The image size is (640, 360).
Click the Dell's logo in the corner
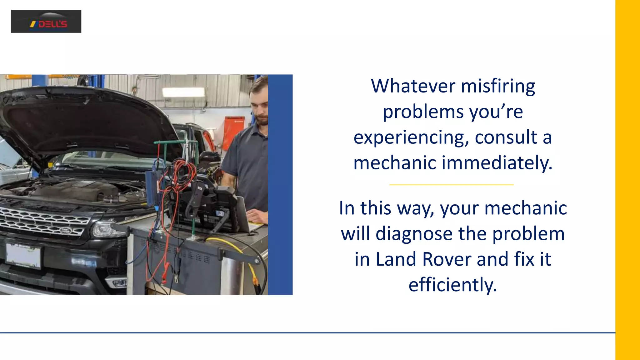(x=46, y=21)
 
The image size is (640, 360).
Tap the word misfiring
(x=498, y=87)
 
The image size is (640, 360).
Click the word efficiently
(x=452, y=285)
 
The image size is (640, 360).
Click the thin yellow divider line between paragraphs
(x=452, y=185)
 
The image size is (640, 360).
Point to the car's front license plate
(x=23, y=255)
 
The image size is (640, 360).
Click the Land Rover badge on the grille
(x=66, y=231)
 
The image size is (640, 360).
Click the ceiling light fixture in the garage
(x=183, y=92)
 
